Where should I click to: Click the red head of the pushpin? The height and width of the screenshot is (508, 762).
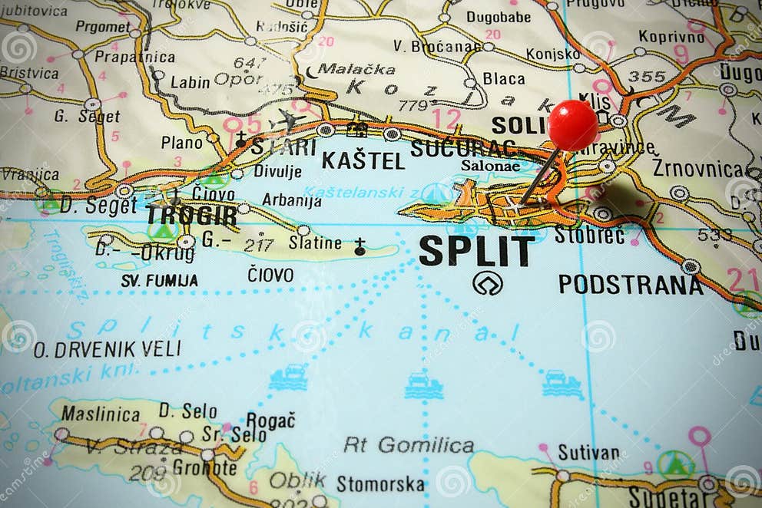[x=572, y=124]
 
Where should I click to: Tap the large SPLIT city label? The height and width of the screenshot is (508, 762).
[x=476, y=251]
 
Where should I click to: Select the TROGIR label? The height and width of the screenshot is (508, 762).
[x=191, y=215]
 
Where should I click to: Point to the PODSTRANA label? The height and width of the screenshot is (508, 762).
[x=630, y=285]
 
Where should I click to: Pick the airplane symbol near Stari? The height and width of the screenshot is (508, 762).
[x=287, y=120]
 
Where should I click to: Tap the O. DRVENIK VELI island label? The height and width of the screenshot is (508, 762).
[x=107, y=349]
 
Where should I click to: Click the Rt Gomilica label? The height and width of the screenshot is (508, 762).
[x=409, y=445]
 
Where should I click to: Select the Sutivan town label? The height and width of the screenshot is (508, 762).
[x=588, y=453]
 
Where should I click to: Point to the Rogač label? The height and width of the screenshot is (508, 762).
[x=270, y=421]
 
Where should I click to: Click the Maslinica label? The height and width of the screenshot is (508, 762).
[x=101, y=413]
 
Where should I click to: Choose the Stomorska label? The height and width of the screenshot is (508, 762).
[x=379, y=484]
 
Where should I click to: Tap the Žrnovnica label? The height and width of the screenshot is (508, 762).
[x=697, y=169]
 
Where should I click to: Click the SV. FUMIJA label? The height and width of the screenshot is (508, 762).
[x=159, y=281]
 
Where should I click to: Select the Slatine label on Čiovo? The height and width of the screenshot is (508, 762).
[x=315, y=243]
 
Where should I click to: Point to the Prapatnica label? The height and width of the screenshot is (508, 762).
[x=135, y=57]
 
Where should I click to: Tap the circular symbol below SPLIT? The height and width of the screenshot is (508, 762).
[x=487, y=283]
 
